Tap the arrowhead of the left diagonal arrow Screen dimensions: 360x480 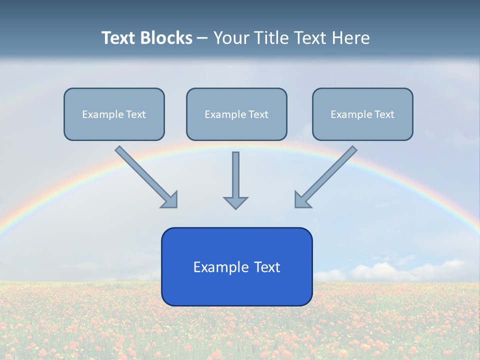(170, 200)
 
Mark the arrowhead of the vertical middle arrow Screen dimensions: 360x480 (235, 202)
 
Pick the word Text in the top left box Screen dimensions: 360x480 (136, 114)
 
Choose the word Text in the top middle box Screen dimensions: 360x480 (258, 114)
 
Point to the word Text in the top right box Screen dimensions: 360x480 (384, 114)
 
